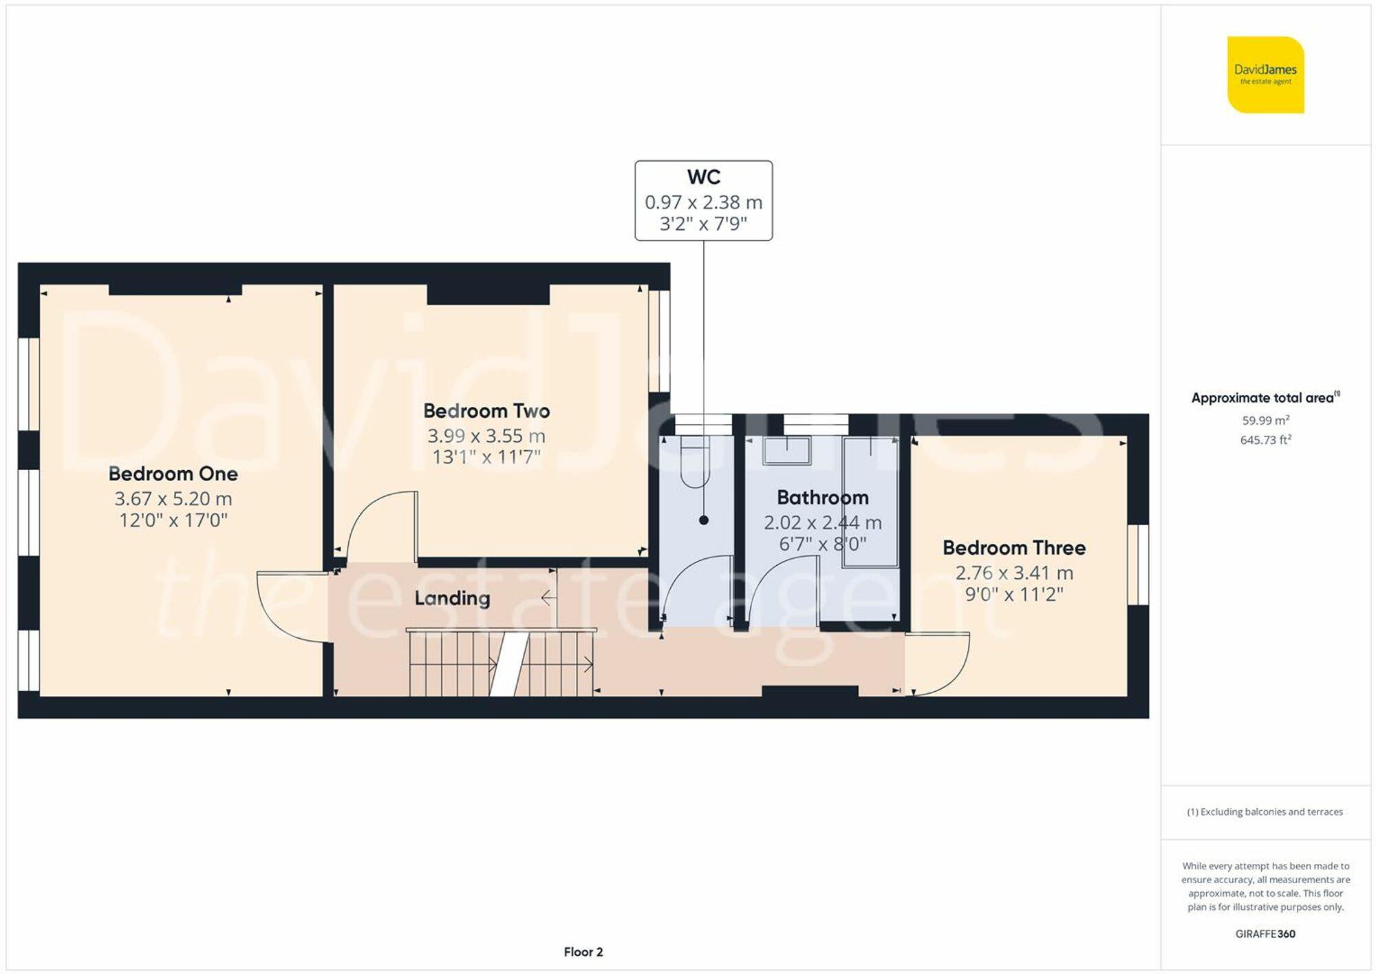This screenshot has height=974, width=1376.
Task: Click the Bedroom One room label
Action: coord(173,474)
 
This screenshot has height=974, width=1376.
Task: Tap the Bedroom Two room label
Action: coord(486,411)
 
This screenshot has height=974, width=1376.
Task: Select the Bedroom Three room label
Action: coord(1014,548)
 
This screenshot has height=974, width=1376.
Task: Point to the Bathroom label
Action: coord(823,498)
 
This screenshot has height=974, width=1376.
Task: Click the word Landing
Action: coord(452,598)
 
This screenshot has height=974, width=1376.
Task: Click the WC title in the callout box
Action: coord(704,177)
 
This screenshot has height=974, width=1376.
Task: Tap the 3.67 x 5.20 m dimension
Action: coord(173,499)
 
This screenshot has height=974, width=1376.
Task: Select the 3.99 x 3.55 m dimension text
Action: coord(486,436)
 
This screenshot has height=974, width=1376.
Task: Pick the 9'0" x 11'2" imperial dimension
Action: coord(1014,594)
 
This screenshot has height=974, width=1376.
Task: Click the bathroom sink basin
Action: coord(786,451)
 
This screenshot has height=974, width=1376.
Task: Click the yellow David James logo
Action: coord(1266,74)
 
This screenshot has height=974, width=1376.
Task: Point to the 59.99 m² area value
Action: coord(1266,420)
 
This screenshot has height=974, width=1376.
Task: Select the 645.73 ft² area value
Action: coord(1266,440)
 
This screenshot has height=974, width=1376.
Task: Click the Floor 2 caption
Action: coord(583,952)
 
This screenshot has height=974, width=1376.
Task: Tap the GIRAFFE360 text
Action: coord(1266,934)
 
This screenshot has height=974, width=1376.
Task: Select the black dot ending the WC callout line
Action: coord(704,520)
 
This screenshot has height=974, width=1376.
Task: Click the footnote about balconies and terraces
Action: coord(1265,812)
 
